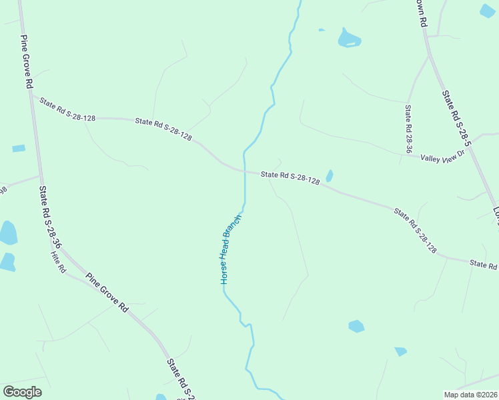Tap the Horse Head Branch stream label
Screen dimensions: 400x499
click(230, 249)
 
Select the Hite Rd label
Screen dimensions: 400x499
click(59, 261)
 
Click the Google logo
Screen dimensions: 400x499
click(22, 392)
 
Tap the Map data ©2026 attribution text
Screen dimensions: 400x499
click(471, 395)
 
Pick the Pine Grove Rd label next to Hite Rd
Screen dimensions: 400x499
click(105, 292)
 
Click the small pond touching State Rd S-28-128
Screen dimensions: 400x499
click(330, 176)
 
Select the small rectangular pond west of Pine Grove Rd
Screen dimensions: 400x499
click(19, 148)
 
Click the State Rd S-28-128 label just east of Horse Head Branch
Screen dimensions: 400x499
click(290, 177)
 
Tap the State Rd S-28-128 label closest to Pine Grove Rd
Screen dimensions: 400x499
click(67, 110)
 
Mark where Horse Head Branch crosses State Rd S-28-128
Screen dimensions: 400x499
click(245, 172)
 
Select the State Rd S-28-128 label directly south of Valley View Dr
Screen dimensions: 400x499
click(415, 231)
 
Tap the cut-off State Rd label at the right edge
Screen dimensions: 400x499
click(483, 265)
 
